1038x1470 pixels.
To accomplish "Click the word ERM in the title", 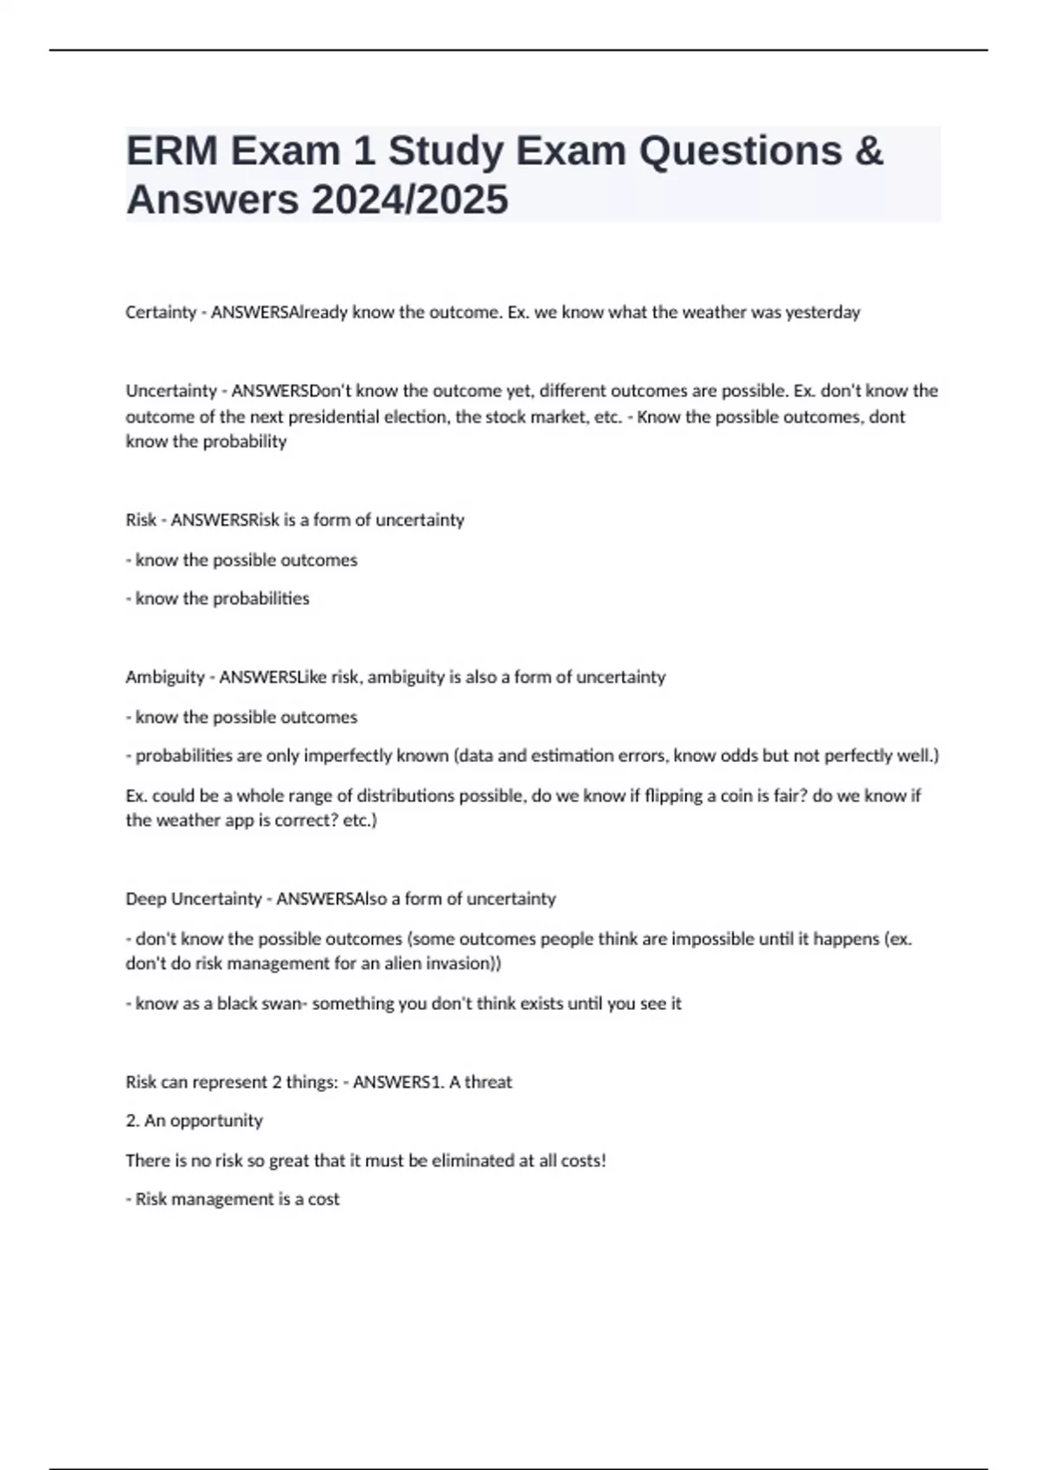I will click(x=171, y=151).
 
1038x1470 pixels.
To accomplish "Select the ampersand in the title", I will click(x=868, y=151).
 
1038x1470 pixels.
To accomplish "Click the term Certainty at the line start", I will click(x=161, y=312).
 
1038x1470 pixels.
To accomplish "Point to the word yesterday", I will click(x=823, y=312).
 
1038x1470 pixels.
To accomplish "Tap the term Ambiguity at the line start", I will click(x=165, y=677).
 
